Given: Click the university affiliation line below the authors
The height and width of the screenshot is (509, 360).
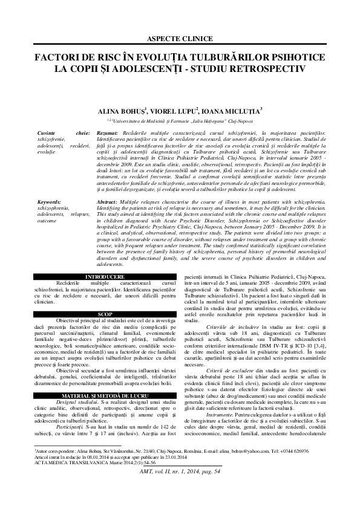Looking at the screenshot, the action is coord(180,121).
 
